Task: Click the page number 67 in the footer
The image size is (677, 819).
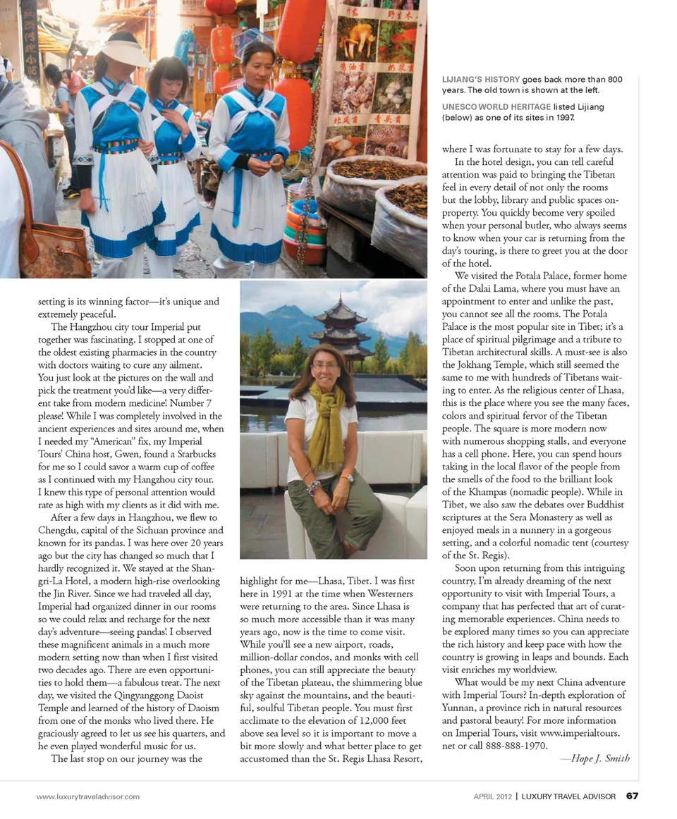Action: tap(632, 796)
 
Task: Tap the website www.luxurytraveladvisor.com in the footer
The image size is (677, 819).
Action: tap(88, 796)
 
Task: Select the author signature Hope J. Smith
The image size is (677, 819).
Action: tap(594, 758)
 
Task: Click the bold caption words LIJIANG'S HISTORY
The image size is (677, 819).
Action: tap(481, 80)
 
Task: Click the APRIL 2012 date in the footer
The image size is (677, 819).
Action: tap(492, 796)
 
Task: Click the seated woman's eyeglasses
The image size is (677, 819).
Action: tap(324, 366)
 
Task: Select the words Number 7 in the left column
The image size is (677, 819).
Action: tap(200, 390)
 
